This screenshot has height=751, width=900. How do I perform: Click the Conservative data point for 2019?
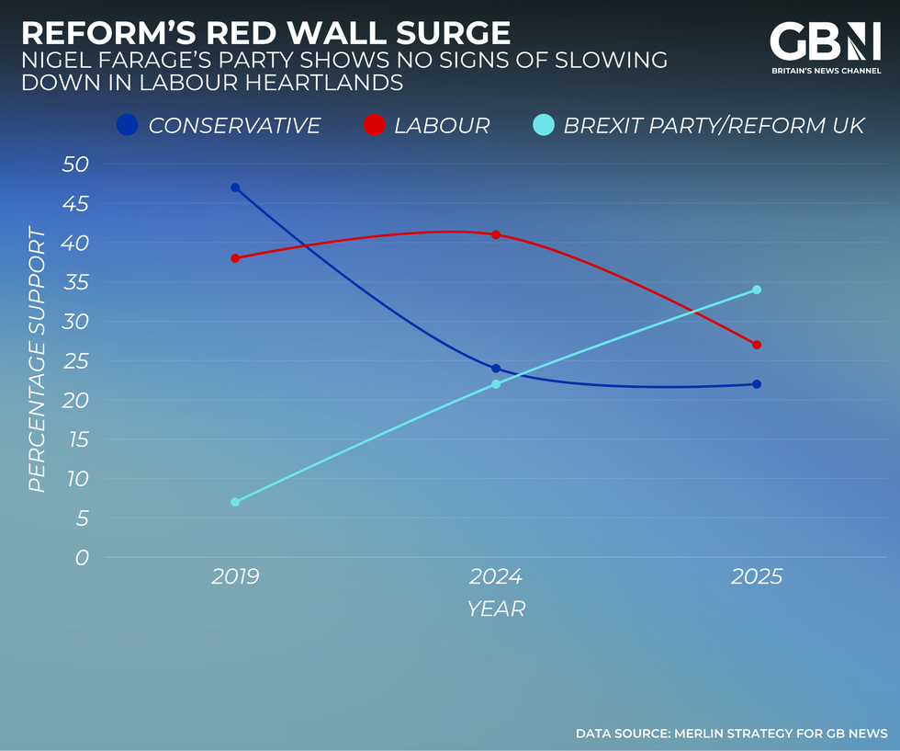point(235,188)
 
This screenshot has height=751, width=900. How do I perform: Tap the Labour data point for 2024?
point(496,234)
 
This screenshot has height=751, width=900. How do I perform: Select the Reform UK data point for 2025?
point(757,290)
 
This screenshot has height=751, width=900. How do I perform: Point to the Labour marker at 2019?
point(235,258)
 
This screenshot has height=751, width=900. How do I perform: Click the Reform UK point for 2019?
point(235,502)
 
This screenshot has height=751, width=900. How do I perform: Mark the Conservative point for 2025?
point(757,384)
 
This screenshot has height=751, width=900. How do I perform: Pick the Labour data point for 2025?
point(757,345)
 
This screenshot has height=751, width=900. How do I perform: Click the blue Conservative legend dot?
point(129,125)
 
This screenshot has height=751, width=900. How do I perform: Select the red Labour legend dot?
point(375,125)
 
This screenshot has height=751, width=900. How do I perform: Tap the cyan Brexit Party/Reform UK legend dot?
point(543,125)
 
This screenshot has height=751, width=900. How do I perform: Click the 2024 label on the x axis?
point(496,577)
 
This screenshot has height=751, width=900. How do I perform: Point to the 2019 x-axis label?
point(235,577)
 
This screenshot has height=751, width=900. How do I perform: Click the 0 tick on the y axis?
point(81,558)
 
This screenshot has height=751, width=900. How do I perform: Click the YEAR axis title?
point(496,609)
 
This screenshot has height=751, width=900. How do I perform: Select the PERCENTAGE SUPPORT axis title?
point(37,360)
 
